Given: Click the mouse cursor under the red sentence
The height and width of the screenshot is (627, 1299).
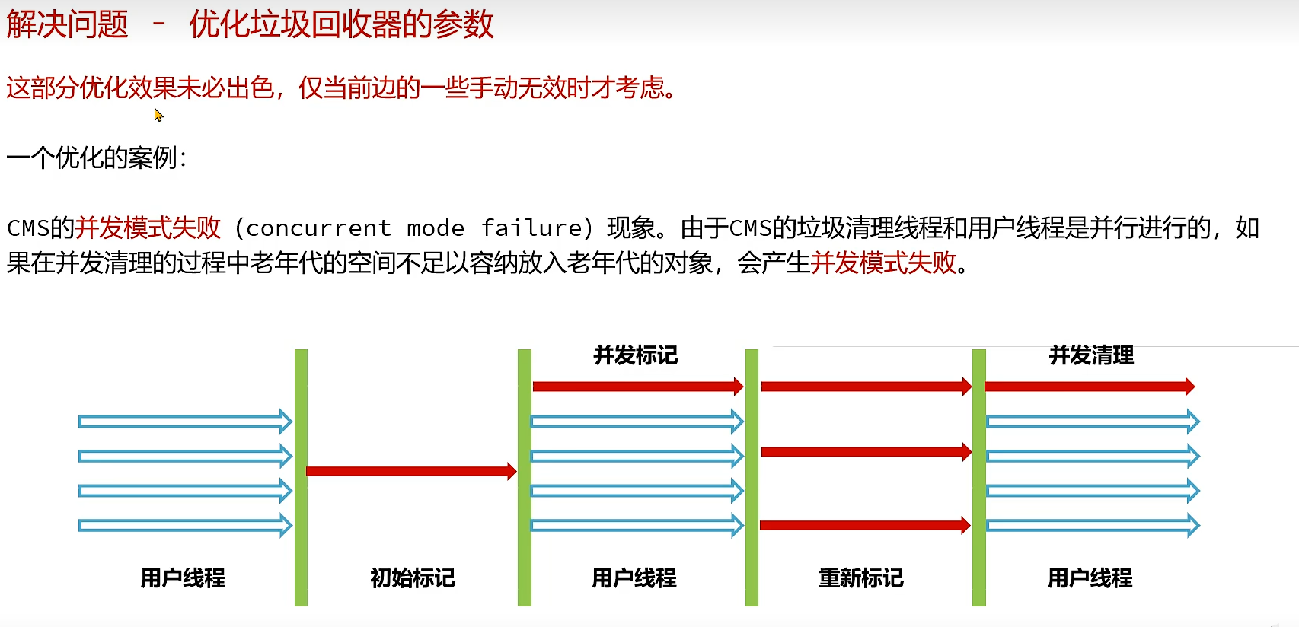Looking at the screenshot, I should point(158,115).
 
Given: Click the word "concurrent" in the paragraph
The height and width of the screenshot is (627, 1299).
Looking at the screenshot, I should point(318,228).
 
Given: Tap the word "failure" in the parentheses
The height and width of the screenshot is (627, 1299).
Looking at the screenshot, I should point(531,228).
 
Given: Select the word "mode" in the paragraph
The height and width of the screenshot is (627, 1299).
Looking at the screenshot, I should point(436,228).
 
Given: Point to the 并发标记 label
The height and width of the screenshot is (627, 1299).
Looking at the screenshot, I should point(635,355).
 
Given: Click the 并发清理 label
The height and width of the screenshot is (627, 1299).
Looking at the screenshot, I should point(1091,355).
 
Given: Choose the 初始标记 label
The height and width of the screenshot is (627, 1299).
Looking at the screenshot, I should point(412,578).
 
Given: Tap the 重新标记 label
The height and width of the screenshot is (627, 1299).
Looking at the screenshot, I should point(860,578).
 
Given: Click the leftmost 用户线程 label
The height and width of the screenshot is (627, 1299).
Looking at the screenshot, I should point(183,578).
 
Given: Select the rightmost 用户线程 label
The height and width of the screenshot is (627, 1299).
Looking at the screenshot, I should point(1090,578).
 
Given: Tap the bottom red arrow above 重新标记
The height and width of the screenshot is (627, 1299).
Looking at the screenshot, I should point(865,525).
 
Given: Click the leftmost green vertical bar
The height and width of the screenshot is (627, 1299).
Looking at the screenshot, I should point(301,478).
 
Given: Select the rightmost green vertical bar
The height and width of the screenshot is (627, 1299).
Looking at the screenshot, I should point(979,478).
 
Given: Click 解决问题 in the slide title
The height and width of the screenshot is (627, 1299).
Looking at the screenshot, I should point(67,24).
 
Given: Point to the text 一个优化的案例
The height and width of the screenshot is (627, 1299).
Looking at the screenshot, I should point(96,158).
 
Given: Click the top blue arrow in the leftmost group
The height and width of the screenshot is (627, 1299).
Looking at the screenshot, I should point(185,422).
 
